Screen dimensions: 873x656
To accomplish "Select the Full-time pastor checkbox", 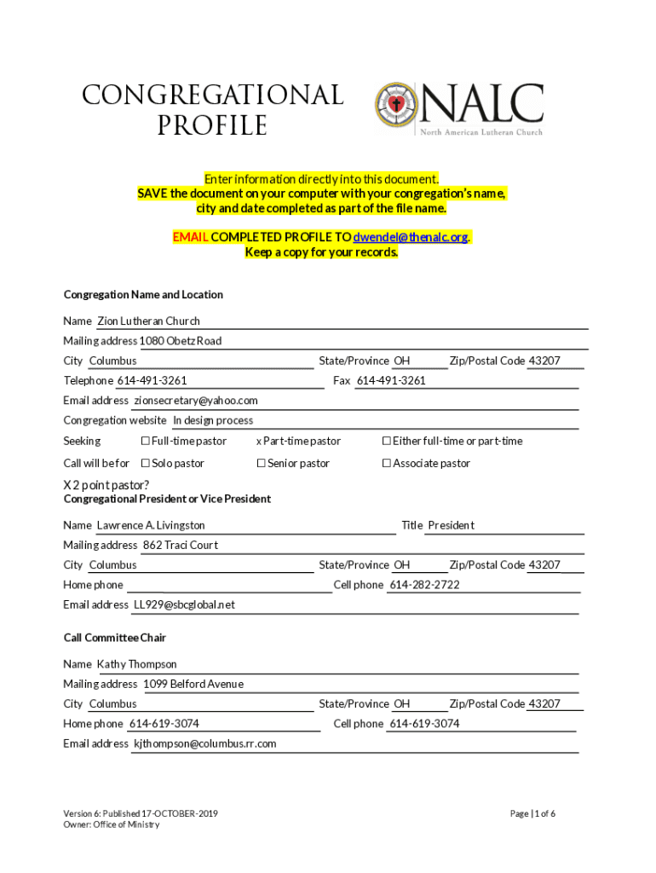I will click(x=145, y=441).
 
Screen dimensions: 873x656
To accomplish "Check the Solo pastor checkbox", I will click(x=145, y=463).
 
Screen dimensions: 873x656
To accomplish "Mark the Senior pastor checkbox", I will click(x=261, y=463).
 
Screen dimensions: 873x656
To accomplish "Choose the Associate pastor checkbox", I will click(x=386, y=463).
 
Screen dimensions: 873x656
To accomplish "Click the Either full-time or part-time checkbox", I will click(x=386, y=441).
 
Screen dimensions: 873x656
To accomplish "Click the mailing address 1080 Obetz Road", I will click(x=181, y=341).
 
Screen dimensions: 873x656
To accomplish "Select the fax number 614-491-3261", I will click(x=391, y=380).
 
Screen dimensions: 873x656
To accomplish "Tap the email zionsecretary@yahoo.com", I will click(x=195, y=401).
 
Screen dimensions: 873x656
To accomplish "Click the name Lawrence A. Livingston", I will click(x=151, y=525).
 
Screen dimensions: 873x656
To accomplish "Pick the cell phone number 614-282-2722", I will click(x=424, y=585).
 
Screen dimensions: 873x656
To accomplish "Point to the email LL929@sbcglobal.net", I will click(x=183, y=605).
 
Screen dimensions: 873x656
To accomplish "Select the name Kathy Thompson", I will click(x=136, y=664).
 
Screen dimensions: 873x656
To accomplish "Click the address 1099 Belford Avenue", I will click(x=193, y=684).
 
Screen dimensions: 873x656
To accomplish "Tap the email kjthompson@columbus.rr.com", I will click(x=204, y=743).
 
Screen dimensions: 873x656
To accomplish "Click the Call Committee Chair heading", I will click(x=114, y=638).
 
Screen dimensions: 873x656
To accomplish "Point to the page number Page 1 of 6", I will click(x=532, y=813).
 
